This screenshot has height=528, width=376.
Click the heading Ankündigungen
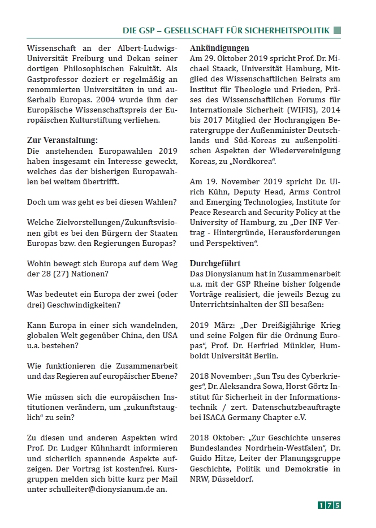[x=219, y=48]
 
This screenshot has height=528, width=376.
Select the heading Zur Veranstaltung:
[x=62, y=140]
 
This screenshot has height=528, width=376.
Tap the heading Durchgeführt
[x=215, y=263]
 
